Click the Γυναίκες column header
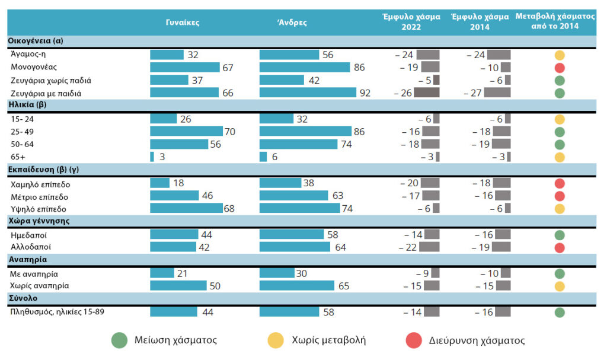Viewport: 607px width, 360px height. [x=183, y=23]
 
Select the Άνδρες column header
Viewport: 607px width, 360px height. [x=292, y=23]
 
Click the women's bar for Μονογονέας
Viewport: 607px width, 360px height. [x=184, y=68]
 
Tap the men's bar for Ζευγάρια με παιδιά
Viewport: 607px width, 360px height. [x=308, y=93]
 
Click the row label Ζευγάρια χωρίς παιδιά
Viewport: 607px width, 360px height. [x=51, y=80]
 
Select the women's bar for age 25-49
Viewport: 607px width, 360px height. [x=186, y=132]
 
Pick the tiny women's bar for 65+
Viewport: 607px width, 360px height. [x=152, y=157]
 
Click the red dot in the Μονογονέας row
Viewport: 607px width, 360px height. [x=559, y=68]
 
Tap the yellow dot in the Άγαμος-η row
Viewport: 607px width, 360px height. [x=559, y=55]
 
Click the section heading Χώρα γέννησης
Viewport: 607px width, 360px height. [x=39, y=221]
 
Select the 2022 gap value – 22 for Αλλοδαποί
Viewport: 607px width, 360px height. [x=407, y=247]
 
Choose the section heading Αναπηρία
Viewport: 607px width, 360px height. [x=28, y=259]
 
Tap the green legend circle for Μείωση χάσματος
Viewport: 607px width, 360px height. [x=119, y=340]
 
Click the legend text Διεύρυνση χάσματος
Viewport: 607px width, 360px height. [x=477, y=340]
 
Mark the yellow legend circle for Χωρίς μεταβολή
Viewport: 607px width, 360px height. [x=276, y=340]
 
